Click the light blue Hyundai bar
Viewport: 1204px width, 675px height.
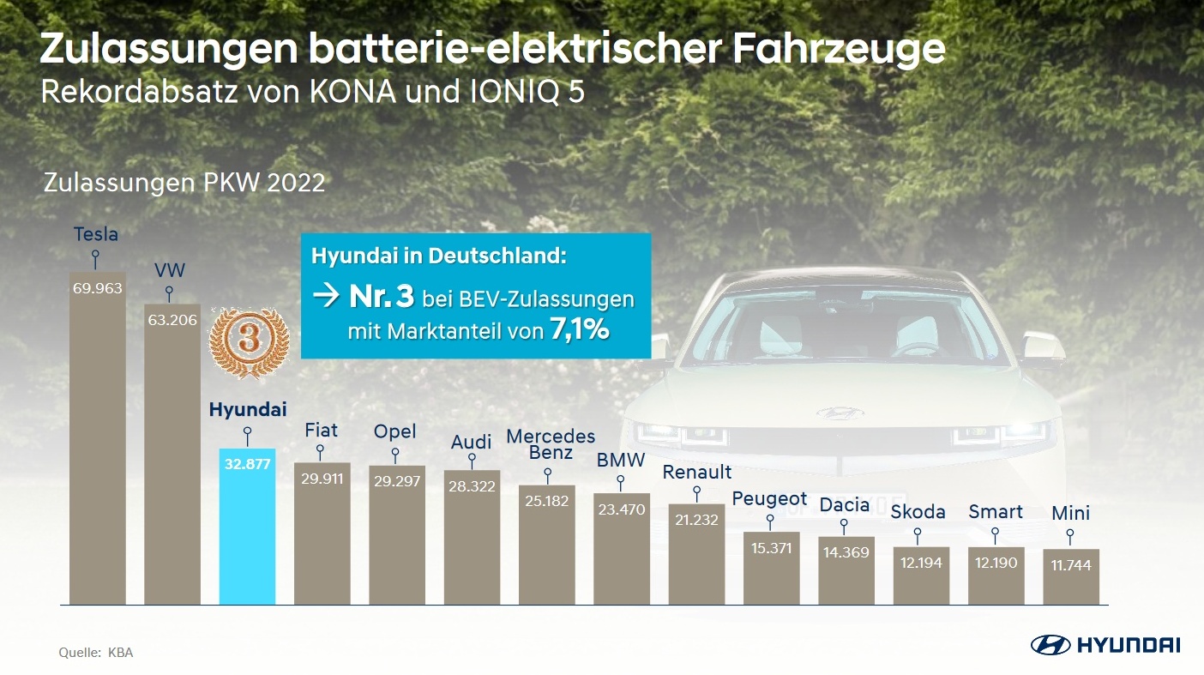[247, 526]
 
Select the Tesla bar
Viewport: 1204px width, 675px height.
[97, 438]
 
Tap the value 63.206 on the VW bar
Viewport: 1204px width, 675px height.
[172, 321]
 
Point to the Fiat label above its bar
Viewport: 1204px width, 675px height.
[322, 430]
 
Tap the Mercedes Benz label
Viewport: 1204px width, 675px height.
[550, 444]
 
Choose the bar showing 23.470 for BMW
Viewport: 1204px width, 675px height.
[622, 549]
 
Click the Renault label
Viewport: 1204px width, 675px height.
[697, 472]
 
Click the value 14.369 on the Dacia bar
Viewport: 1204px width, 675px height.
[846, 552]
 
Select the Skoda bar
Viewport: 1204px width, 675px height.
[921, 576]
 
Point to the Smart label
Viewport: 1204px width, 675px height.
[996, 512]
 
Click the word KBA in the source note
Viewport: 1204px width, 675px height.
[121, 653]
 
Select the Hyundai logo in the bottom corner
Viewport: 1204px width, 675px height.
[1105, 645]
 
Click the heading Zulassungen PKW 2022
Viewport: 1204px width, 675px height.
[184, 183]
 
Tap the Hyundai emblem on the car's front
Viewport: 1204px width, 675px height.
[840, 413]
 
